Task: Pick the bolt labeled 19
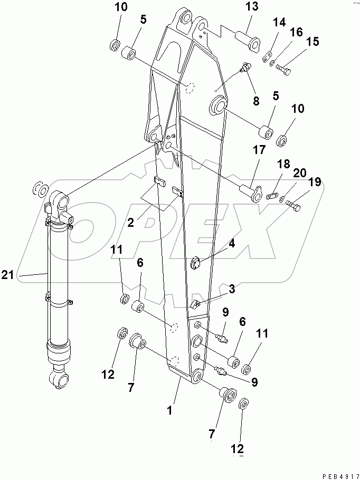pyautogui.click(x=294, y=207)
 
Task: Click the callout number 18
pyautogui.click(x=284, y=164)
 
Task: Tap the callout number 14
pyautogui.click(x=279, y=23)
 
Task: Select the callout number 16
pyautogui.click(x=296, y=33)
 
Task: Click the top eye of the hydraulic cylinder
pyautogui.click(x=59, y=202)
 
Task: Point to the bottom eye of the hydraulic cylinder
pyautogui.click(x=59, y=379)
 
